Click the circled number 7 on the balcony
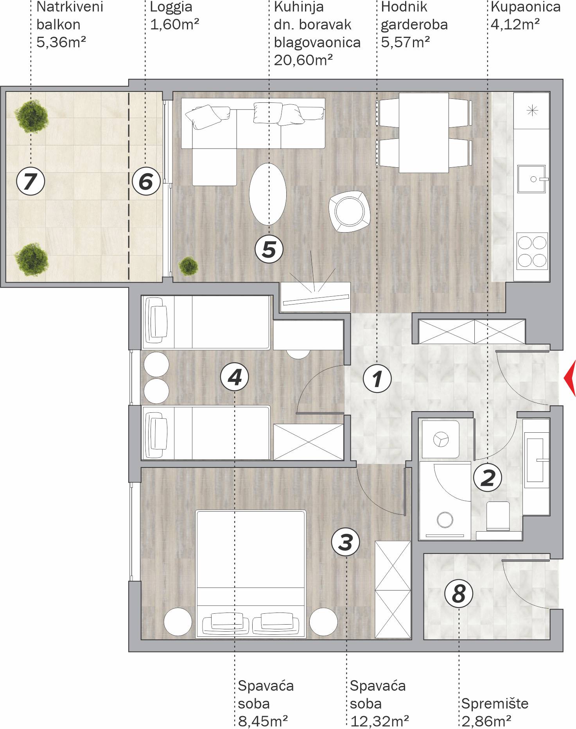pos(31,181)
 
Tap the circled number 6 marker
pos(146,181)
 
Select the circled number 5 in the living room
pos(269,249)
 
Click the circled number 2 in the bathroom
pos(488,478)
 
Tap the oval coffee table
pos(268,194)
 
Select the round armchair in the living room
pos(349,211)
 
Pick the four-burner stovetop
pos(532,251)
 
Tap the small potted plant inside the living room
pos(188,266)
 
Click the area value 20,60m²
pos(303,60)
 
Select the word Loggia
pos(171,7)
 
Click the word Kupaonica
pos(526,7)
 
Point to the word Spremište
pos(495,704)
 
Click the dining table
pos(423,133)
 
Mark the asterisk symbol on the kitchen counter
pos(532,111)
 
